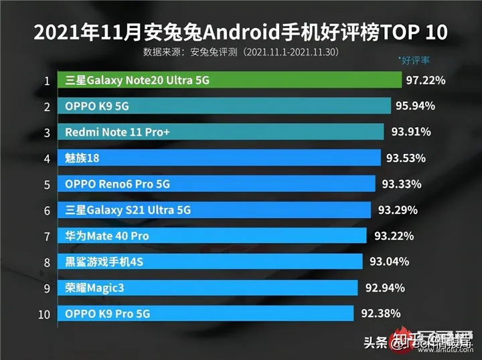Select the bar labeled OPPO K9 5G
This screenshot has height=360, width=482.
tap(224, 106)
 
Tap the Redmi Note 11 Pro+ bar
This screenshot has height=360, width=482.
tap(220, 132)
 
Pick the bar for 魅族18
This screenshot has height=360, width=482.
tap(218, 158)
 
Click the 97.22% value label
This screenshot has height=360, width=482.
tap(426, 81)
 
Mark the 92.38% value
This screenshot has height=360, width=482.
tap(381, 313)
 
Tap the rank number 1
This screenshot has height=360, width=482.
tap(47, 82)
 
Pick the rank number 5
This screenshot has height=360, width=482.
tap(47, 184)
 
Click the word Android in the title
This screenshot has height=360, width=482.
tap(234, 32)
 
